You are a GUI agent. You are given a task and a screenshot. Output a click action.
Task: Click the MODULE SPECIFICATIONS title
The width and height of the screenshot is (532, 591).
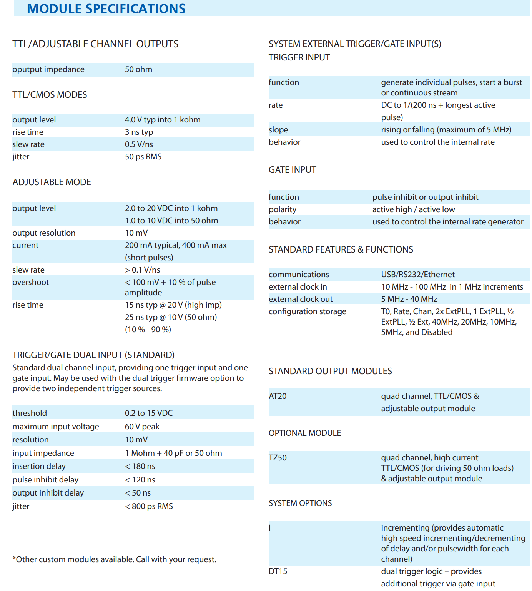[x=106, y=8]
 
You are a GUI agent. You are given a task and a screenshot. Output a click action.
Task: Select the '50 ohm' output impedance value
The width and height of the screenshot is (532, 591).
[x=138, y=69]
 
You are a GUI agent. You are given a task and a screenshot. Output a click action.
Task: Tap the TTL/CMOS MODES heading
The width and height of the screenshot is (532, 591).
[x=50, y=95]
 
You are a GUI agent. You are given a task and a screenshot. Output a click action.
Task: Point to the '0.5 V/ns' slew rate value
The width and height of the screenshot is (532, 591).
[x=139, y=144]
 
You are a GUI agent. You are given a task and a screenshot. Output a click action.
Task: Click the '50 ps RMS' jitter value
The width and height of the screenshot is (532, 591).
[x=143, y=157]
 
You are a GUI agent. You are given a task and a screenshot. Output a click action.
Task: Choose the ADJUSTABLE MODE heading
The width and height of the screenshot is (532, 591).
[x=52, y=182]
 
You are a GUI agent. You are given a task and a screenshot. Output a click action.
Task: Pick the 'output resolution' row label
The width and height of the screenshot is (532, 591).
[x=44, y=233]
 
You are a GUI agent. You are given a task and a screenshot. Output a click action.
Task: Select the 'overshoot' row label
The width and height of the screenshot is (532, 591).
[x=31, y=282]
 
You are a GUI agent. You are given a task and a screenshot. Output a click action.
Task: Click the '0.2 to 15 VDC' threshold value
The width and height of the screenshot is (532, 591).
[x=149, y=413]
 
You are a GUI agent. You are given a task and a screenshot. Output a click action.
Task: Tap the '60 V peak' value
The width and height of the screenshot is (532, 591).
[x=142, y=427]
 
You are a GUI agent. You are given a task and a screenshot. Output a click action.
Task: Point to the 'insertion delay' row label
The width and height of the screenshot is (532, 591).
[x=39, y=466]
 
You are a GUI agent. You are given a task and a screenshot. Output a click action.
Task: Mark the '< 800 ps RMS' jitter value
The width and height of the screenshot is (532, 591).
[x=149, y=506]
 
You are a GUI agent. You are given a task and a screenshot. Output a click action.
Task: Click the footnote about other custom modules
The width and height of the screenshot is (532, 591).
[x=114, y=559]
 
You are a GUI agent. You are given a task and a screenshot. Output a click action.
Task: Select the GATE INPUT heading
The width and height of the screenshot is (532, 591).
[x=292, y=170]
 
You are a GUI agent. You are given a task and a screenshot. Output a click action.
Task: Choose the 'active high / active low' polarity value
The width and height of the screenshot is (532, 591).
[x=414, y=209]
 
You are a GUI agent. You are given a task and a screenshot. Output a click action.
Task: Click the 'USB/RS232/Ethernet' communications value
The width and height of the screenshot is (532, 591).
[x=418, y=275]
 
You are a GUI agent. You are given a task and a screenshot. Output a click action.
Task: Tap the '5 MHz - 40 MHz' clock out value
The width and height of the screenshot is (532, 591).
[x=409, y=299]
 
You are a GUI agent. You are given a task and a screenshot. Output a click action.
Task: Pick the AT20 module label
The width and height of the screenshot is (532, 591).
[x=278, y=396]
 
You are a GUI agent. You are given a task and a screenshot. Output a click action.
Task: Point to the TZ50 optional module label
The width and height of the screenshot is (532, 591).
[x=278, y=458]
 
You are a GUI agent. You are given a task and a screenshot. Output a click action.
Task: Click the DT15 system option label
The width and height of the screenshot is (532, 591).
[x=278, y=571]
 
